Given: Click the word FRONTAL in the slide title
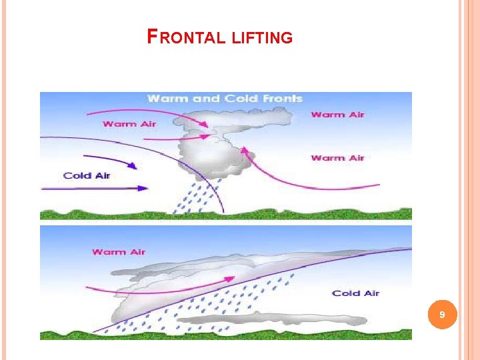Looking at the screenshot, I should tap(187, 37).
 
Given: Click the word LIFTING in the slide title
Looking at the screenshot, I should tap(263, 38).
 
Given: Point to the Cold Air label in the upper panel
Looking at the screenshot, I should tap(87, 175).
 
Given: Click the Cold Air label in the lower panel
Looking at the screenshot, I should tap(355, 293).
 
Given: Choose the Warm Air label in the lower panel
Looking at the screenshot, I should tap(119, 252).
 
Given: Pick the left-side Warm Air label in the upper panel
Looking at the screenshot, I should tap(129, 124).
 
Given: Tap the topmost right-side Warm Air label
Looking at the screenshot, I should tap(338, 115).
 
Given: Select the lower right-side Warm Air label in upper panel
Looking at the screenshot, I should tap(338, 158).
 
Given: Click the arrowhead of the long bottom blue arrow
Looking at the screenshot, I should tap(142, 189).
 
